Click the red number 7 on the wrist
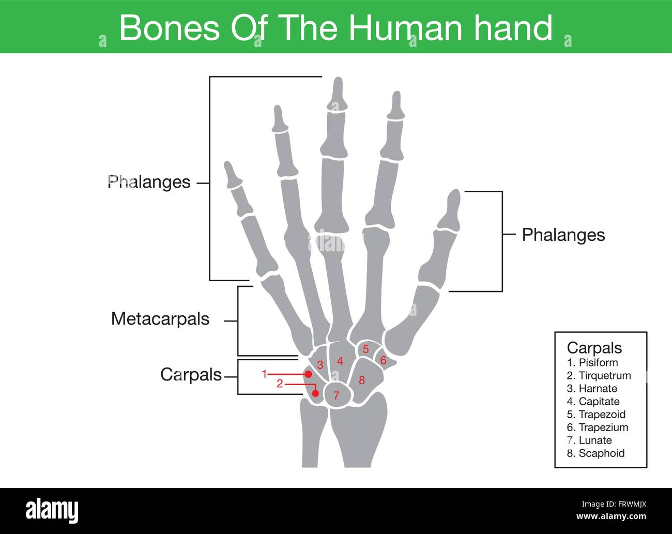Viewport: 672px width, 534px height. tap(336, 396)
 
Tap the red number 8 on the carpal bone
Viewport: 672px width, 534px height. tap(362, 380)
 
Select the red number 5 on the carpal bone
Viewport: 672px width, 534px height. tap(365, 349)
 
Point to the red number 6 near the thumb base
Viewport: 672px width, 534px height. tap(383, 361)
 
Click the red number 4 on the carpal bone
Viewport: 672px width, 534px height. tap(340, 361)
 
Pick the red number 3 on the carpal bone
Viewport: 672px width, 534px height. tap(320, 365)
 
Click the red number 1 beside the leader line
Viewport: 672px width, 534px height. tap(264, 374)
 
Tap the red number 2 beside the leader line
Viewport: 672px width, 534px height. tap(280, 384)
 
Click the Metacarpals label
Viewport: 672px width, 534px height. tap(160, 319)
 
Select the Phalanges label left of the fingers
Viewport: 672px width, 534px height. tap(149, 182)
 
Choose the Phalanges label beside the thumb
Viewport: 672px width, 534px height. tap(563, 235)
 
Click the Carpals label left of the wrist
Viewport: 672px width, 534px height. tap(191, 374)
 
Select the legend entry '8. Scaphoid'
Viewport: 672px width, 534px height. tap(595, 453)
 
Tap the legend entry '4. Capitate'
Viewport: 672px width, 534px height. tap(593, 401)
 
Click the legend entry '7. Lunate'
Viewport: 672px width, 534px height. tap(589, 440)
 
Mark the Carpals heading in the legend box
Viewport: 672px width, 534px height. tap(594, 347)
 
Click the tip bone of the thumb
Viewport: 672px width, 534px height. tap(451, 210)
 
